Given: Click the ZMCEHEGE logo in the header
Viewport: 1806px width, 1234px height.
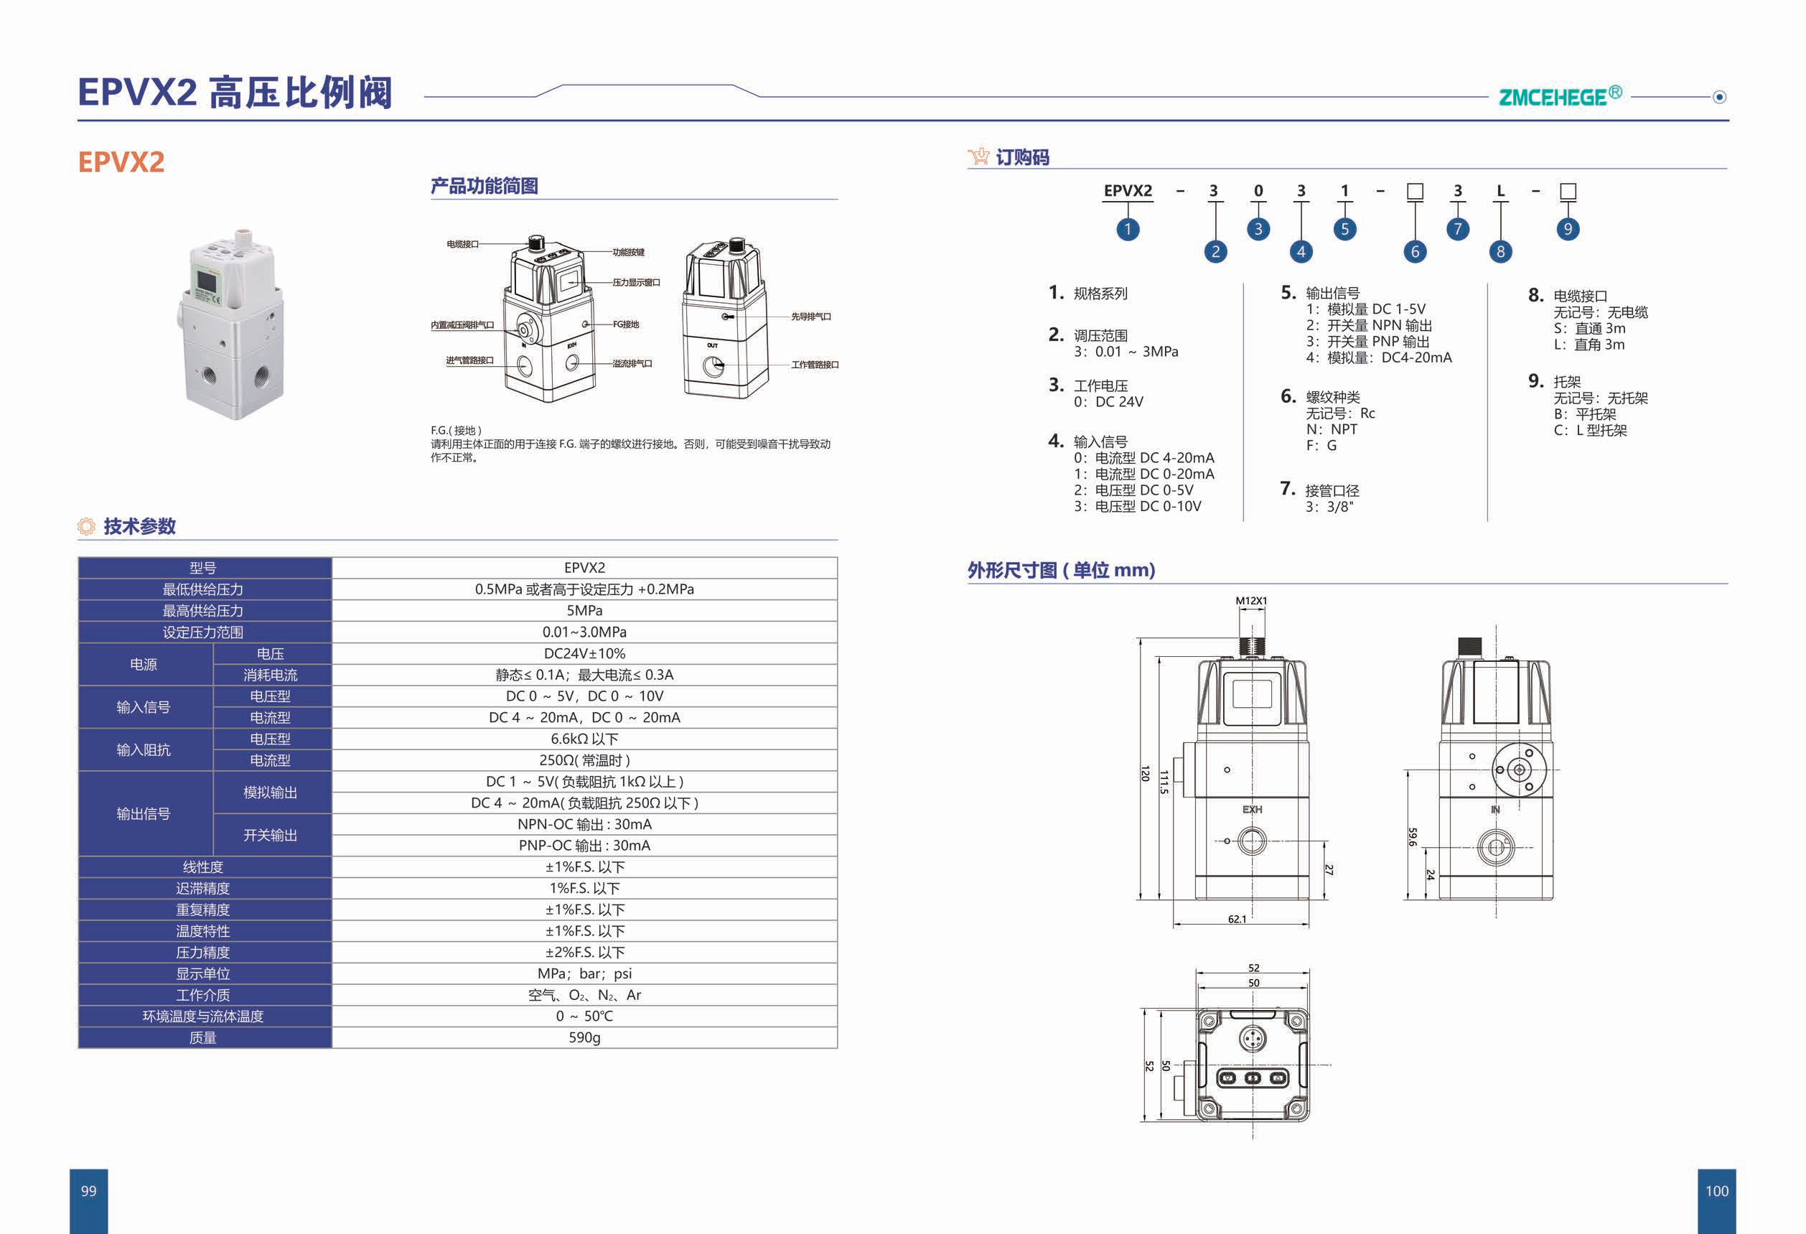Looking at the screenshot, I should click(1559, 96).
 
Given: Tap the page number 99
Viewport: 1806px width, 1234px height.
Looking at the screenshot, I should click(88, 1190).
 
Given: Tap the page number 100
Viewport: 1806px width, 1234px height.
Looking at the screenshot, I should click(1716, 1190).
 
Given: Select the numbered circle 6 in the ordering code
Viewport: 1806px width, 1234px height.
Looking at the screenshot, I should click(1414, 251).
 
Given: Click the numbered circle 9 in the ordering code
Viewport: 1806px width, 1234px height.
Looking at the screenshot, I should click(1568, 228).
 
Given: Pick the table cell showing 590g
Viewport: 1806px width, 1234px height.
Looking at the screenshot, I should click(584, 1037).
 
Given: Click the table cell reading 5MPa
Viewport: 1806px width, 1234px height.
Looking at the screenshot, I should click(584, 611).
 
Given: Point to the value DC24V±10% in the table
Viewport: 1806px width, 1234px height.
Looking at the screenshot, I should click(584, 653).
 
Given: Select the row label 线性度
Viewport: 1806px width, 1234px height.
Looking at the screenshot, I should click(203, 866).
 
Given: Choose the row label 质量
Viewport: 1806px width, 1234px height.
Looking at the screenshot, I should click(203, 1037).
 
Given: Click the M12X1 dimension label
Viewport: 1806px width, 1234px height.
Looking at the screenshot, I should click(1251, 601).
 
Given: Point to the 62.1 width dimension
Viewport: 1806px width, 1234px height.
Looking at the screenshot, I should click(1237, 920).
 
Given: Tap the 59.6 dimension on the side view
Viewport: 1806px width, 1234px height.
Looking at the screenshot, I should click(1412, 836).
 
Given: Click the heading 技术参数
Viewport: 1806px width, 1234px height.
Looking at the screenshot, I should click(139, 526).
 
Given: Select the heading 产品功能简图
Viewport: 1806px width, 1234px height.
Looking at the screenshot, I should click(484, 186).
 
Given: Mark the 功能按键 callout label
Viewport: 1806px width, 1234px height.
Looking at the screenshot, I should click(628, 252).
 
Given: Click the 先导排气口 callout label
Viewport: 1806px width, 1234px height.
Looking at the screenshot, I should click(810, 317).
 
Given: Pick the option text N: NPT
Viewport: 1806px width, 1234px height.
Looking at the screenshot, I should click(1332, 429).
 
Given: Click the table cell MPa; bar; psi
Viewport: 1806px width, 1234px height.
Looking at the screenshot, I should click(584, 973).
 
